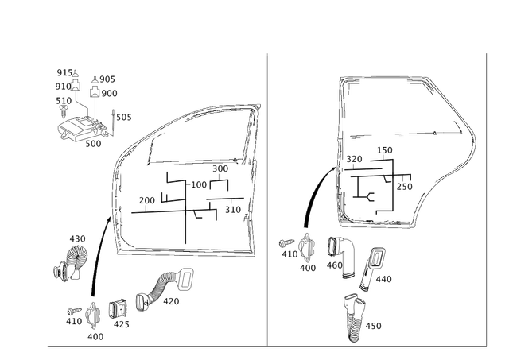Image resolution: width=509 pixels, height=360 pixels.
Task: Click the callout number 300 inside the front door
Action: pyautogui.click(x=220, y=169)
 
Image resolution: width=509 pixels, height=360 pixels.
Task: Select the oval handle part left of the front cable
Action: pyautogui.click(x=71, y=261)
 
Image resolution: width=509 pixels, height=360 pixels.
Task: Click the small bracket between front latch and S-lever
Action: pyautogui.click(x=116, y=312)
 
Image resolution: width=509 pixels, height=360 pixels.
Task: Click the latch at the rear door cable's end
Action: pyautogui.click(x=304, y=250)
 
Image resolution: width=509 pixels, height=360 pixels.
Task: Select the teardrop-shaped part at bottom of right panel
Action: pyautogui.click(x=355, y=317)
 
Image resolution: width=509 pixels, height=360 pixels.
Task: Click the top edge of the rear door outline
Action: pyautogui.click(x=382, y=77)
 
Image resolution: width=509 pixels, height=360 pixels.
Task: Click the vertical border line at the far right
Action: pyautogui.click(x=484, y=199)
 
